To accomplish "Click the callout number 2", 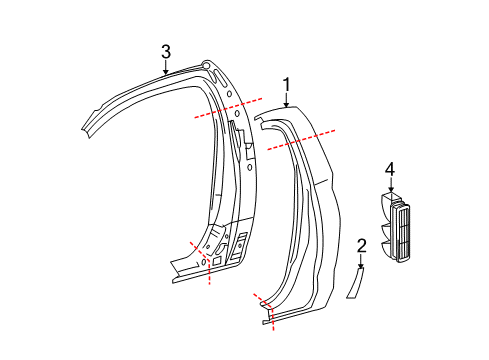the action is coord(362,246).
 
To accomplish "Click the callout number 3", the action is coord(166,52).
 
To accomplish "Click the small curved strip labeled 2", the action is coord(357,284).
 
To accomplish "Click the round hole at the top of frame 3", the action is coord(207,66).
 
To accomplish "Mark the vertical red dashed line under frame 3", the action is coord(208,271).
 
